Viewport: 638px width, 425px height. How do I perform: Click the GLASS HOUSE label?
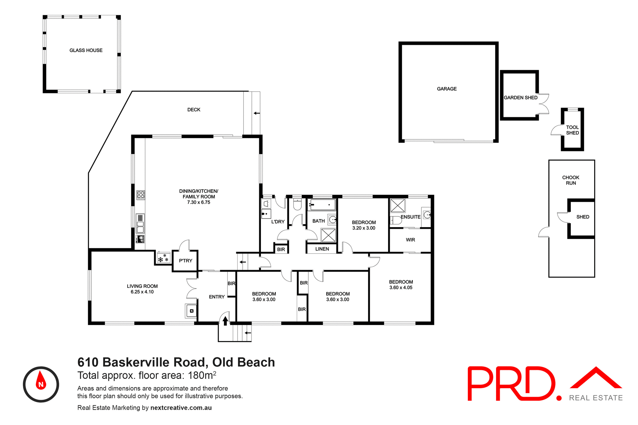pos(86,50)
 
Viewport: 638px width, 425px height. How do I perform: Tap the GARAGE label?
pos(447,89)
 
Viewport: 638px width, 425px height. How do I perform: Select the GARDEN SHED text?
pos(520,98)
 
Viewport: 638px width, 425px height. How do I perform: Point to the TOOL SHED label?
pos(572,130)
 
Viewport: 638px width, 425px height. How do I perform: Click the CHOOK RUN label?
pos(571,180)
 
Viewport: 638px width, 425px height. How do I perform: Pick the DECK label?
pos(194,110)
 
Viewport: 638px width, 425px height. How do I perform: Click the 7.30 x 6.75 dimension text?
pos(199,202)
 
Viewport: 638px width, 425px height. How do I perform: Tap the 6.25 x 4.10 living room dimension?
pos(142,292)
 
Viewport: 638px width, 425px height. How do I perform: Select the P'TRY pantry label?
pos(185,261)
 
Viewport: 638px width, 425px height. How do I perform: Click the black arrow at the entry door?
pos(225,321)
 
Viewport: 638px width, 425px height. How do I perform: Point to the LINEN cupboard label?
pos(322,249)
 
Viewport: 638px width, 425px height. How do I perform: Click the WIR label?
pos(410,240)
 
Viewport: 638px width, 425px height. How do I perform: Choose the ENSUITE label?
pos(410,217)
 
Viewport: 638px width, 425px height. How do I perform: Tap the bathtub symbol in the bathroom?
pos(322,205)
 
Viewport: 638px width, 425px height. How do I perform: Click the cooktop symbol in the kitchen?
pos(141,195)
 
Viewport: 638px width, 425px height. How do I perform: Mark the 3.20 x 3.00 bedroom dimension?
pos(364,228)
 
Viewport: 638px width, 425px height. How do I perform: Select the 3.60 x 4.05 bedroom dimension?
pos(401,288)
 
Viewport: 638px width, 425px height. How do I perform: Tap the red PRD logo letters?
pos(512,383)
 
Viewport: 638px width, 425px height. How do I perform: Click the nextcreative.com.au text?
pos(181,408)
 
